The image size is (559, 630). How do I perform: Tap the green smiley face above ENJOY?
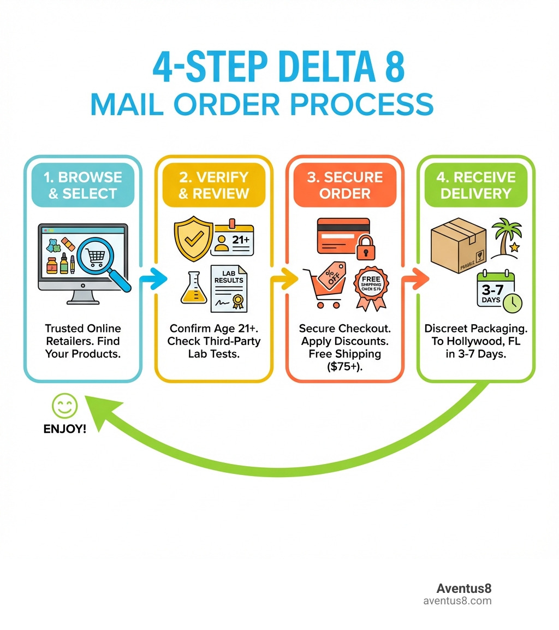pyautogui.click(x=65, y=406)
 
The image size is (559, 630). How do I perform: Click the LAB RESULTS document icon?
pyautogui.click(x=229, y=288)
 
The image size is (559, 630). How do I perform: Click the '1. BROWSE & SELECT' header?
pyautogui.click(x=82, y=186)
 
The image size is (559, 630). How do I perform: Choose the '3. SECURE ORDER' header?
pyautogui.click(x=344, y=186)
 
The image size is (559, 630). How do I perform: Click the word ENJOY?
pyautogui.click(x=64, y=429)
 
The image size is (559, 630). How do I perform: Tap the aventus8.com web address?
pyautogui.click(x=457, y=601)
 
